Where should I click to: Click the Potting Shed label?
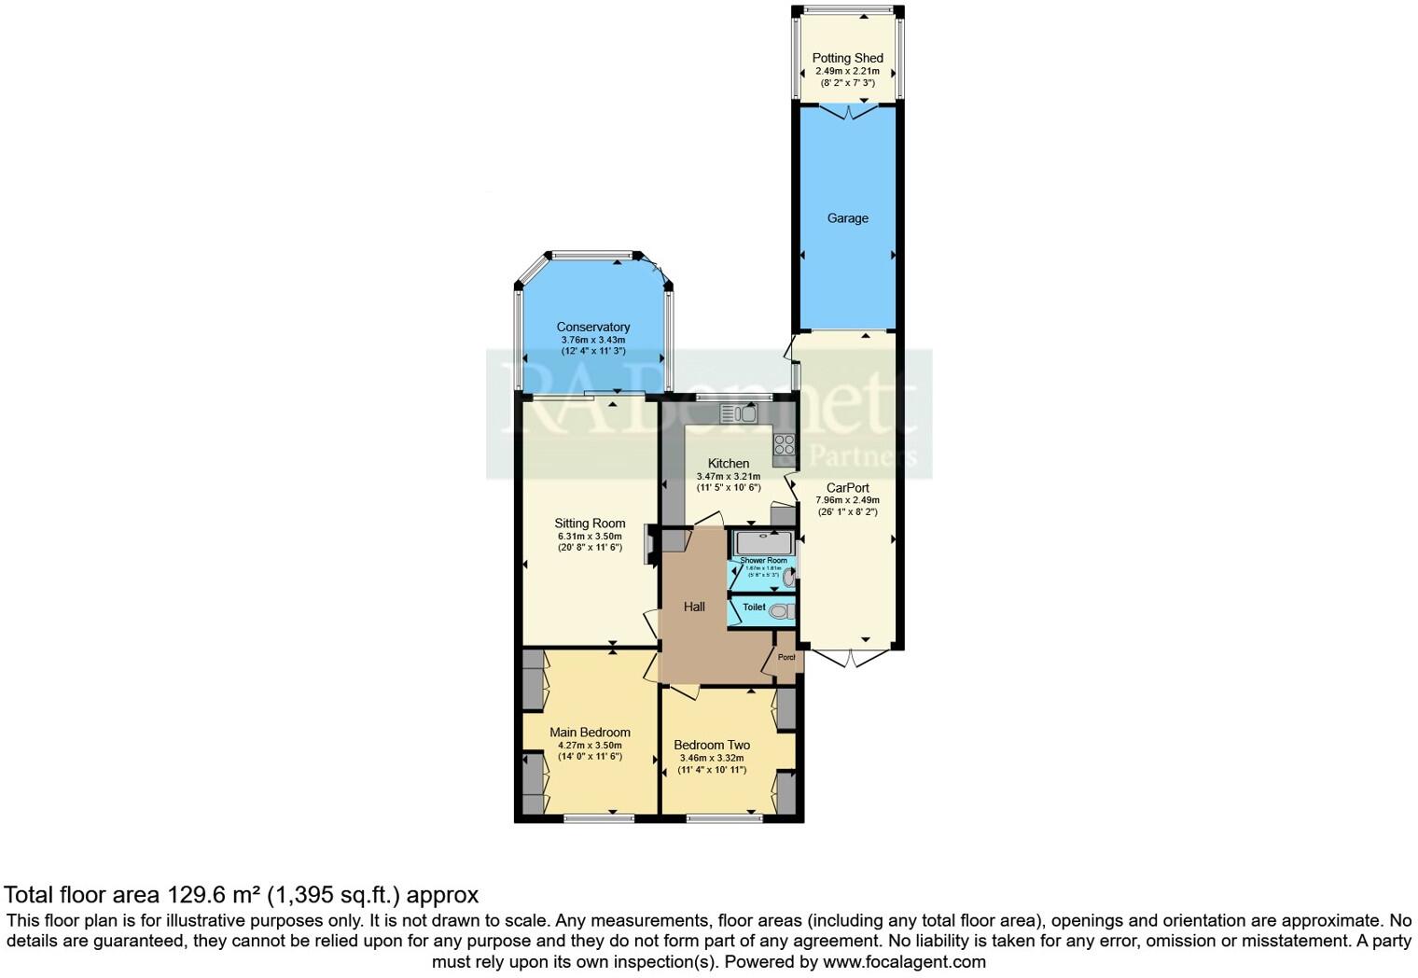pos(847,58)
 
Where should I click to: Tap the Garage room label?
pos(847,218)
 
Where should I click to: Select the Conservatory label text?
pos(592,327)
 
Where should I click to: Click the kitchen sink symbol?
pos(738,413)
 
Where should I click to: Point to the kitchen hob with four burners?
pos(784,445)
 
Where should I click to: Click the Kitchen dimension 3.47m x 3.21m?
pos(728,476)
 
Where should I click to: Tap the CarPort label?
pos(847,487)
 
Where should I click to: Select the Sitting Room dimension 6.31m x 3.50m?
pos(589,536)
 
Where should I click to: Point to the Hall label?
pos(693,607)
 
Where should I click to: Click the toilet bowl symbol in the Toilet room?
pos(783,611)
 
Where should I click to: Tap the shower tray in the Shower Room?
pos(763,542)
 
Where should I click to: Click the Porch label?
pos(786,657)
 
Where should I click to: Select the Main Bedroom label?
pos(590,732)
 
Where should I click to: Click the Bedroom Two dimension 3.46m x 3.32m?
pos(712,758)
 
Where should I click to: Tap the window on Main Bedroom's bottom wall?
pos(599,818)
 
